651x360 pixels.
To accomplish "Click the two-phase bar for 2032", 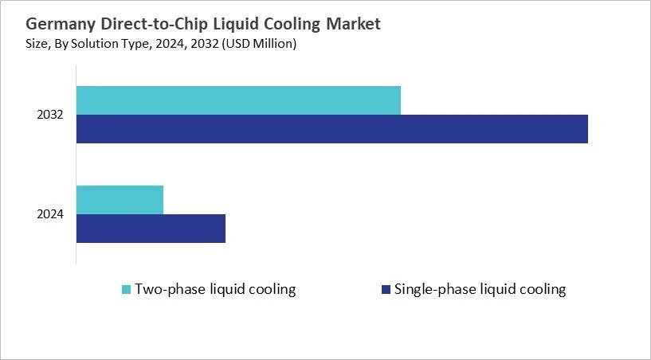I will pyautogui.click(x=238, y=100).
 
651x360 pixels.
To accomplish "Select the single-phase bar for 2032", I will pyautogui.click(x=331, y=129).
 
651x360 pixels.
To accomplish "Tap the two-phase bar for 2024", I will pyautogui.click(x=120, y=199).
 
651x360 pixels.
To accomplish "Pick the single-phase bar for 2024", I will pyautogui.click(x=151, y=229).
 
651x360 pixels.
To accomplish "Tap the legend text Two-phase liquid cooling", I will pyautogui.click(x=215, y=289).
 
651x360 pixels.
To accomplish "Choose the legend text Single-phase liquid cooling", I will pyautogui.click(x=480, y=289).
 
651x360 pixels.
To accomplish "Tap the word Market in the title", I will pyautogui.click(x=353, y=24).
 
